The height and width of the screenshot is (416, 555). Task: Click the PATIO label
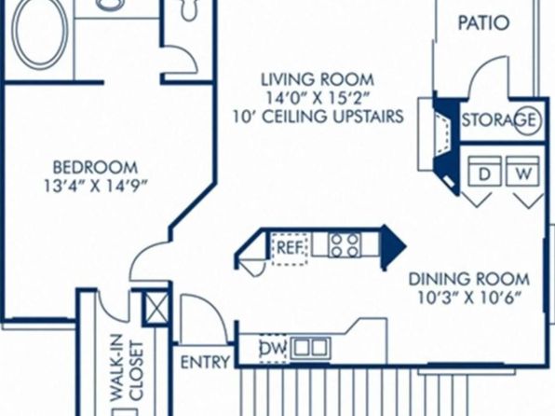click(x=483, y=22)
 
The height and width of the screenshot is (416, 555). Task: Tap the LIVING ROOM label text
click(x=318, y=79)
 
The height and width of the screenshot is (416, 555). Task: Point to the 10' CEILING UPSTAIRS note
click(x=318, y=117)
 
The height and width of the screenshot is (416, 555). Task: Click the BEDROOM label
click(x=95, y=167)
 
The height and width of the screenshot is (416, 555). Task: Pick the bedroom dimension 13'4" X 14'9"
click(x=95, y=186)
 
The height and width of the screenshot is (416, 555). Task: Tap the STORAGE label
click(x=499, y=120)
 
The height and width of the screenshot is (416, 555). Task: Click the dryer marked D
click(x=484, y=171)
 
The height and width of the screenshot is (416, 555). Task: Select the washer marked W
click(x=522, y=171)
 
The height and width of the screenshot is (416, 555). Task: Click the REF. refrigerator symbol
click(x=290, y=247)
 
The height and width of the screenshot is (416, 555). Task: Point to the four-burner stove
click(x=345, y=245)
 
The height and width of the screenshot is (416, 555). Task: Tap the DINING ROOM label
click(x=469, y=280)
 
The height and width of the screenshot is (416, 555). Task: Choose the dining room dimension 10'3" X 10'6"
click(x=469, y=298)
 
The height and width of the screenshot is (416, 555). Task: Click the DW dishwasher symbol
click(x=273, y=349)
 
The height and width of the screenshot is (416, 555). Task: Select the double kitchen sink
click(x=311, y=348)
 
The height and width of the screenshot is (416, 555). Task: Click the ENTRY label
click(x=205, y=363)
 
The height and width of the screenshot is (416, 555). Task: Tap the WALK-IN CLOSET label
click(x=127, y=368)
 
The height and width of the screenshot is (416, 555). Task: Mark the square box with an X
click(x=156, y=307)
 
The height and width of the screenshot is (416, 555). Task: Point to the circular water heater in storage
click(x=527, y=121)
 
